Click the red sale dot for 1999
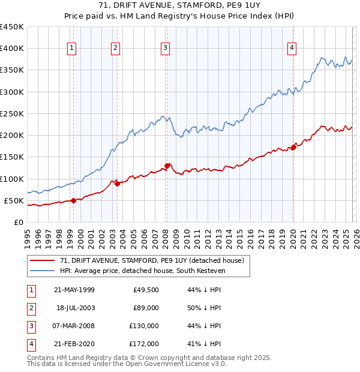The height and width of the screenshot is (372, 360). pyautogui.click(x=73, y=201)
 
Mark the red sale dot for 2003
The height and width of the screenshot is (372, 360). pyautogui.click(x=117, y=184)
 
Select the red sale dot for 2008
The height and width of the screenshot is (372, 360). pyautogui.click(x=167, y=166)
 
